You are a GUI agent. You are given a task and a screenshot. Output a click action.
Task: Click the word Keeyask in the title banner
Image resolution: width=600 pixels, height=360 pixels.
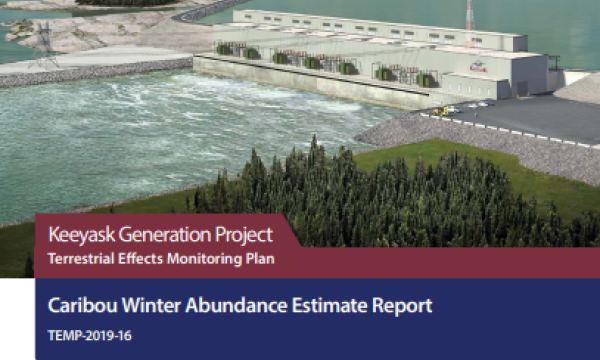[x=82, y=237]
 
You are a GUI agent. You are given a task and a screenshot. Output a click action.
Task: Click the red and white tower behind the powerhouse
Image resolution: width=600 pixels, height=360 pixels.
[x=468, y=15]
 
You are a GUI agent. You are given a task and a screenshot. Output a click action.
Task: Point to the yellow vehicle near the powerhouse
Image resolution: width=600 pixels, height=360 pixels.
[x=439, y=110]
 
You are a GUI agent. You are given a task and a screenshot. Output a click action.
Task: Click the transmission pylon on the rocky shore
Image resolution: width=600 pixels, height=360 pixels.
[x=44, y=41]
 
